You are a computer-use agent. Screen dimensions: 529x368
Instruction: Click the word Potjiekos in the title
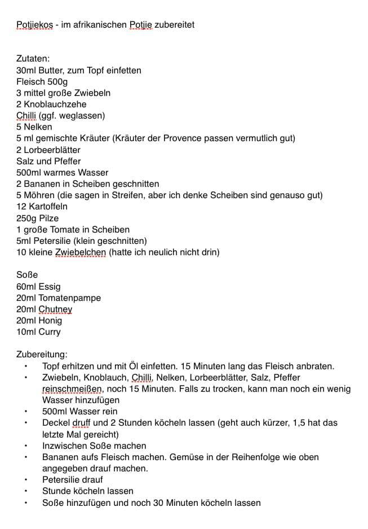(x=34, y=25)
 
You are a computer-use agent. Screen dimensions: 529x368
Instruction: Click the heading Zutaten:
(x=33, y=59)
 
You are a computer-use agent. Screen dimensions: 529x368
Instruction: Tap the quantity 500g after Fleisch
(x=58, y=82)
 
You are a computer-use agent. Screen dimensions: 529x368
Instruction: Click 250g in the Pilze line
(x=26, y=218)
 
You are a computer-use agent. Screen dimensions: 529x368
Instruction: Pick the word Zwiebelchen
(x=80, y=252)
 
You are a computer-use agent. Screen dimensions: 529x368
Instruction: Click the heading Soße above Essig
(x=27, y=275)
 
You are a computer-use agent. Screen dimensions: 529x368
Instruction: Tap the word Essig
(x=50, y=286)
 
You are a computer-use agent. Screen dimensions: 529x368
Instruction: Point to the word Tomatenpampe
(x=69, y=298)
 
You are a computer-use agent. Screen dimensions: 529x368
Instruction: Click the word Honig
(x=51, y=320)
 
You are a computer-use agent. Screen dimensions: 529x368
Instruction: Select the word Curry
(x=50, y=331)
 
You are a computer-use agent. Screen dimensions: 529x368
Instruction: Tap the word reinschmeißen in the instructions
(x=72, y=389)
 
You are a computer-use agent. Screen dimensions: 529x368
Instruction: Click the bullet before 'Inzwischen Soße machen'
(x=25, y=446)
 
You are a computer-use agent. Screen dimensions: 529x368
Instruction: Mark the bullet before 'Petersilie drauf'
(x=25, y=480)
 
